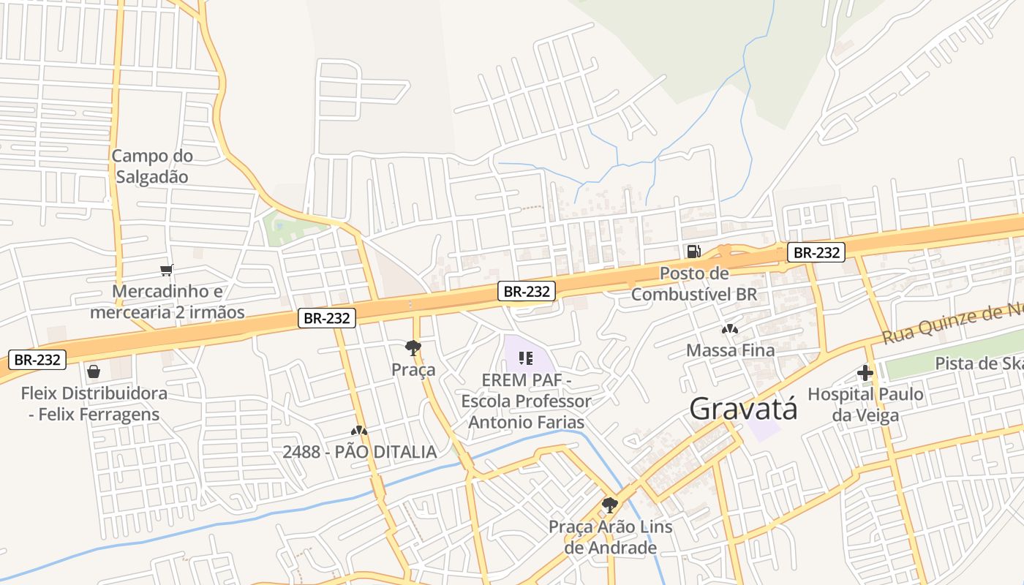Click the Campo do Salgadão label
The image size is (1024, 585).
tap(152, 166)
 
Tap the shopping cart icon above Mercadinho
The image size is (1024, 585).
tap(167, 271)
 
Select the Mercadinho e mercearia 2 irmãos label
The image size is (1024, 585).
tap(167, 302)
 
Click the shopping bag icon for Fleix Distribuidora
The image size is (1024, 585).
tap(94, 371)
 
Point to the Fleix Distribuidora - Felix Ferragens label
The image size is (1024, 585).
tap(94, 404)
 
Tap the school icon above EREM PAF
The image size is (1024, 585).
tap(525, 358)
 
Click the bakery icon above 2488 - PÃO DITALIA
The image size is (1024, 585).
tap(358, 431)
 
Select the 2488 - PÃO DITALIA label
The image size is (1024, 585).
tap(359, 452)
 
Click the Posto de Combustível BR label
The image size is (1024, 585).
tap(694, 284)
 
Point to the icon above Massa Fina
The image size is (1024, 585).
tap(730, 329)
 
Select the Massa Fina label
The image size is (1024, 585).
tap(730, 350)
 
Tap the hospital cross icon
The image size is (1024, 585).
tap(865, 373)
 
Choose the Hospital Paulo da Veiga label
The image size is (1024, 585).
tap(865, 404)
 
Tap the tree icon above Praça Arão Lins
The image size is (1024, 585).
tap(609, 505)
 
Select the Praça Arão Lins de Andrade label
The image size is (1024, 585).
tap(611, 537)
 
